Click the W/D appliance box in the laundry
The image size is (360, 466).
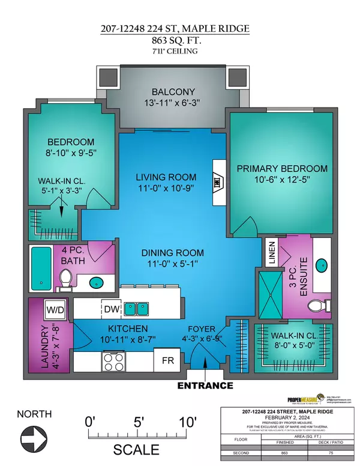(55, 310)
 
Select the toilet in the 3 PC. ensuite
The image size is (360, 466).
(314, 306)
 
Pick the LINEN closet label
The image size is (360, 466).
(271, 253)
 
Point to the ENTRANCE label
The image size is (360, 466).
(205, 385)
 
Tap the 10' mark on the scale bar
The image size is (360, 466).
(186, 423)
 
